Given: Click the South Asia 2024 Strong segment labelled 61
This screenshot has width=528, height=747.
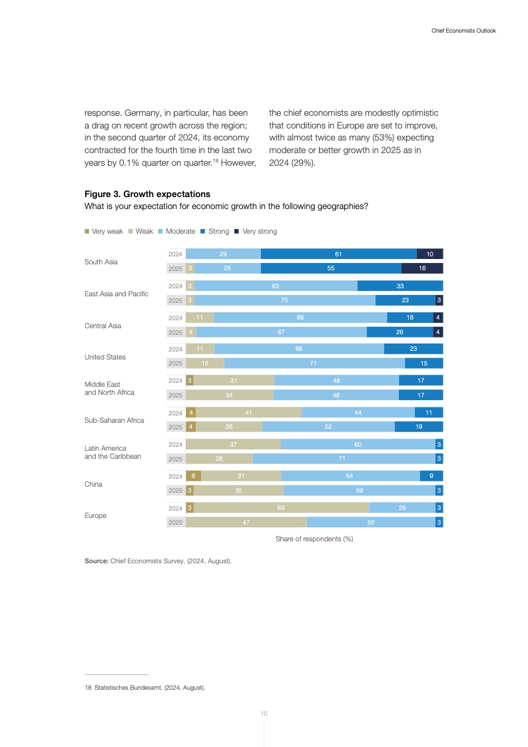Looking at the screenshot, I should pos(338,254).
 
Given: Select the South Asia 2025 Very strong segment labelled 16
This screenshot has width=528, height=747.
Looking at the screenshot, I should pos(422,268).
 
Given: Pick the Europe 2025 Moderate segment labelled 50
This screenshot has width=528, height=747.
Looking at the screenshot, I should pos(371,523).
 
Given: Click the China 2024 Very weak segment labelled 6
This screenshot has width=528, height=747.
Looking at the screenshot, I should pos(193,476).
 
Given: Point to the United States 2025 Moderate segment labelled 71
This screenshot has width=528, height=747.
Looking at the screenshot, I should pos(314,364).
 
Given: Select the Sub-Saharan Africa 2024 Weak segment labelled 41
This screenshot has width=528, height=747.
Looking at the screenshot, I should pos(248,413).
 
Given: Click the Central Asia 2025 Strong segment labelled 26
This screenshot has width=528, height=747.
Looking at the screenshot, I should pos(399,332).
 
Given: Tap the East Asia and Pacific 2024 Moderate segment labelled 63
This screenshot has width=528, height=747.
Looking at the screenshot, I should pos(275,286).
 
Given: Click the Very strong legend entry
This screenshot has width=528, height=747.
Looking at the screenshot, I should pos(259,232).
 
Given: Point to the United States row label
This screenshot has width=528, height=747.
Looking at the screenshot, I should pos(105,357).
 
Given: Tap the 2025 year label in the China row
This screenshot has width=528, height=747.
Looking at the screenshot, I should pos(175,491).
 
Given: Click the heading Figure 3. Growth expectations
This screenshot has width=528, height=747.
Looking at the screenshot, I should pos(147,194).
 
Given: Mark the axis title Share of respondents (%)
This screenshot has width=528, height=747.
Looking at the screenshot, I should pos(314,539).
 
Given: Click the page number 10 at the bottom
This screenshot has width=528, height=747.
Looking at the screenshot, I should pos(264,714).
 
